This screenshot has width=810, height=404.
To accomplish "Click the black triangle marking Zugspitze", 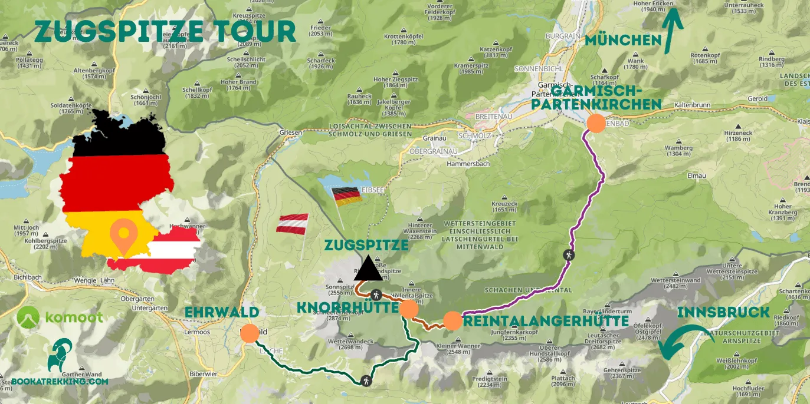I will pyautogui.click(x=368, y=269).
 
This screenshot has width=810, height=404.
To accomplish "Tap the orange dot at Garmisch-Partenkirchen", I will pyautogui.click(x=596, y=124).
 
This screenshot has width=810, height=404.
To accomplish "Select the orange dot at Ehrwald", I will pyautogui.click(x=250, y=333).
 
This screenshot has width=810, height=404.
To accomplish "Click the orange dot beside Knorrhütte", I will pyautogui.click(x=409, y=309).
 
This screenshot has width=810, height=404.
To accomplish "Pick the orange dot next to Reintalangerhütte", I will pyautogui.click(x=452, y=321).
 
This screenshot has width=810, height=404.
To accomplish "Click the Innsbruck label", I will pyautogui.click(x=724, y=312).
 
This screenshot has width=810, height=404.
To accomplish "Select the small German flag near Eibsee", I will pyautogui.click(x=347, y=196).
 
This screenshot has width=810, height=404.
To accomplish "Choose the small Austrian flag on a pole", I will pyautogui.click(x=293, y=225).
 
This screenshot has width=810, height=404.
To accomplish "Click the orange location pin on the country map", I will pyautogui.click(x=123, y=236).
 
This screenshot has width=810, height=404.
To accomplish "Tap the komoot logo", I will pyautogui.click(x=60, y=317).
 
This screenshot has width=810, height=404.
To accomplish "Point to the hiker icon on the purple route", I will pyautogui.click(x=569, y=256).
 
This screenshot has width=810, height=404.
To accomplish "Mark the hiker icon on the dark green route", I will pyautogui.click(x=368, y=380).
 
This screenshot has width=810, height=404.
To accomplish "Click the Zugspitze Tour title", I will pyautogui.click(x=165, y=31).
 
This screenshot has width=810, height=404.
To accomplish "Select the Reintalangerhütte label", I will pyautogui.click(x=546, y=321).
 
